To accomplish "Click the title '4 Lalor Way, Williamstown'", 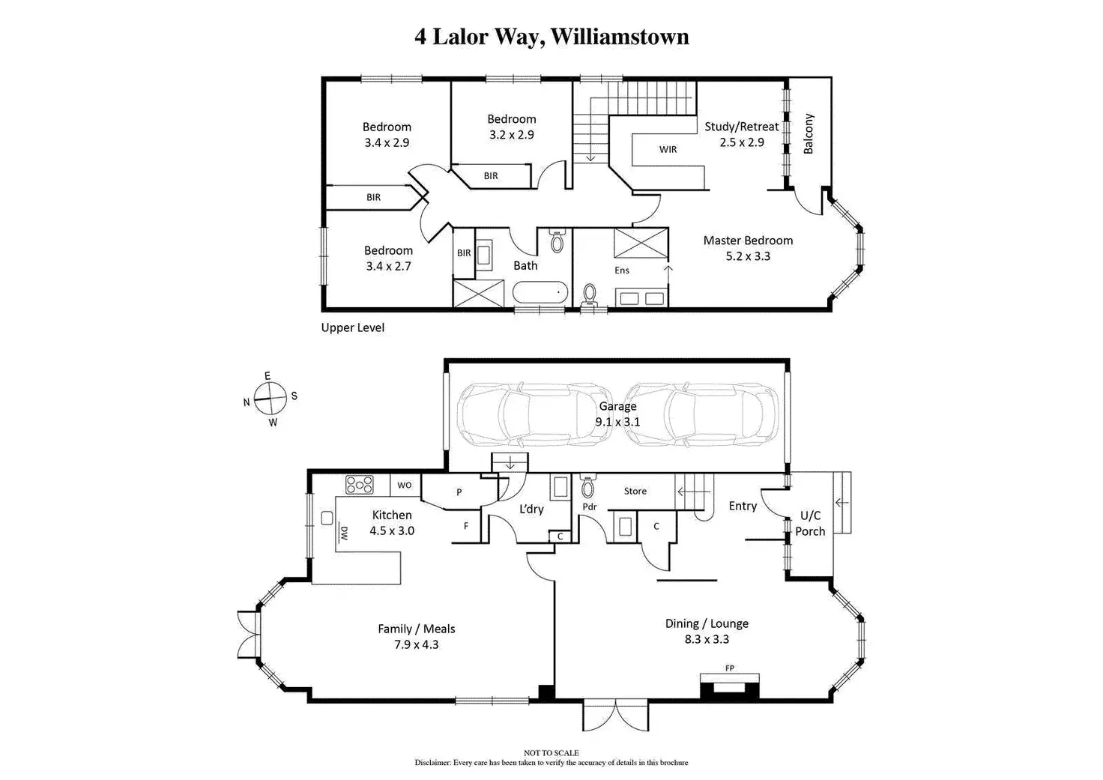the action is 551,37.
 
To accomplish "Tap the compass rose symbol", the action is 270,399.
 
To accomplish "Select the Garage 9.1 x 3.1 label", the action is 617,414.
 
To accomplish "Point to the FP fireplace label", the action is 729,668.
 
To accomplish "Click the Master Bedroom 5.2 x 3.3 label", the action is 748,248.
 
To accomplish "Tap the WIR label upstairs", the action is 668,149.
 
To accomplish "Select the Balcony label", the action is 809,134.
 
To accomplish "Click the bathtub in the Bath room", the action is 540,291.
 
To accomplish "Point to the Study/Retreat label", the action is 741,134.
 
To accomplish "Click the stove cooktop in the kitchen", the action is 359,485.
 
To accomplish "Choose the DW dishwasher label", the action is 344,534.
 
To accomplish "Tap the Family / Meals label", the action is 416,636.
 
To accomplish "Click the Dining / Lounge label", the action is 707,631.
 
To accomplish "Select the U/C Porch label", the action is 810,523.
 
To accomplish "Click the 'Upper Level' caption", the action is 352,327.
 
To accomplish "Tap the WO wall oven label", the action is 405,485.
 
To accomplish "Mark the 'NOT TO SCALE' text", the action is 551,753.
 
